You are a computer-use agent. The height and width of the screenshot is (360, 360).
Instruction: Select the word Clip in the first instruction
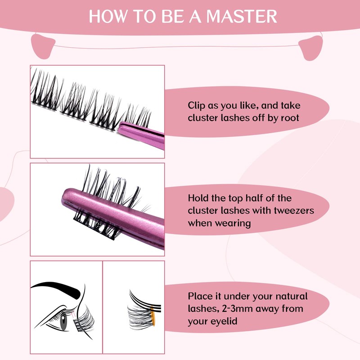[x=197, y=106]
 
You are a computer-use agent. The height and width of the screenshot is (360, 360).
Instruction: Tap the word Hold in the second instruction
[x=198, y=198]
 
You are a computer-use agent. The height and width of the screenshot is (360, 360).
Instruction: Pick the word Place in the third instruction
[x=200, y=297]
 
